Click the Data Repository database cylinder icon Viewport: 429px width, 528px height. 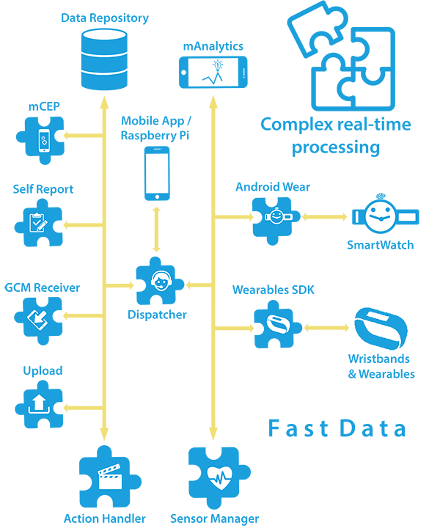[104, 59]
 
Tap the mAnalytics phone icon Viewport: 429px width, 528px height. [213, 73]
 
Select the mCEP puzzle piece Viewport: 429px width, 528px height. [40, 140]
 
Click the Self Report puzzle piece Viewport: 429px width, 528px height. [39, 223]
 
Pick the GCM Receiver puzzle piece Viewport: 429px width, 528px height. [38, 320]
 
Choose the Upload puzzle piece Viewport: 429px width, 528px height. [40, 404]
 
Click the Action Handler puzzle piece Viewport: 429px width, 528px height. [110, 477]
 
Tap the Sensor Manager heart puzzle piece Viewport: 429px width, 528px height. [219, 478]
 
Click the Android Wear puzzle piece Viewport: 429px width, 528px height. [276, 221]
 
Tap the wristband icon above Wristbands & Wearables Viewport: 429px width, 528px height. [381, 329]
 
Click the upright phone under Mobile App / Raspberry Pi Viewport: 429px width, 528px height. [157, 173]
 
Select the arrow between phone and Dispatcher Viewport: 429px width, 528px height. [156, 230]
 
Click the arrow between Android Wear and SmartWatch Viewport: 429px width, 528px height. [324, 216]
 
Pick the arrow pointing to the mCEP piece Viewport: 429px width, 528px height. [84, 136]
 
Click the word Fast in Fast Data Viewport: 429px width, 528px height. [298, 428]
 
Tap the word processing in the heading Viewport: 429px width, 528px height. [336, 147]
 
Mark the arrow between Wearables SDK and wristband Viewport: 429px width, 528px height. [326, 328]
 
